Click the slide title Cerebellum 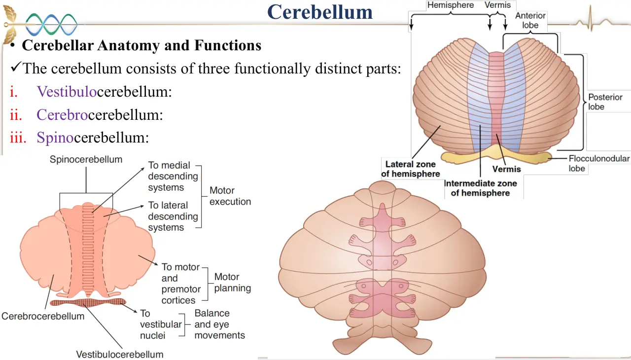pos(320,12)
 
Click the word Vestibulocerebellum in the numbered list pos(104,92)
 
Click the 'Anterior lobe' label pos(530,20)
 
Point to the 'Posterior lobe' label pos(605,102)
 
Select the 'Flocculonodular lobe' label pos(599,163)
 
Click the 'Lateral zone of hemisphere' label pos(411,169)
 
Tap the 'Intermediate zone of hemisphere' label pos(480,188)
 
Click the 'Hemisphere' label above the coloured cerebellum pos(451,5)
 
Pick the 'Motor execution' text pos(230,196)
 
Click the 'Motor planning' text pos(232,283)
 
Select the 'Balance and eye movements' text pos(219,324)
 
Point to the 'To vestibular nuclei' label pos(161,324)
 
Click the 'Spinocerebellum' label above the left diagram pos(86,159)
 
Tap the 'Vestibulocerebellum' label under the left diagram pos(120,355)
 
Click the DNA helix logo pos(51,25)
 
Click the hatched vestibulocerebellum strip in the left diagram pos(88,303)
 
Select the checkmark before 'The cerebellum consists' pos(16,66)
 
